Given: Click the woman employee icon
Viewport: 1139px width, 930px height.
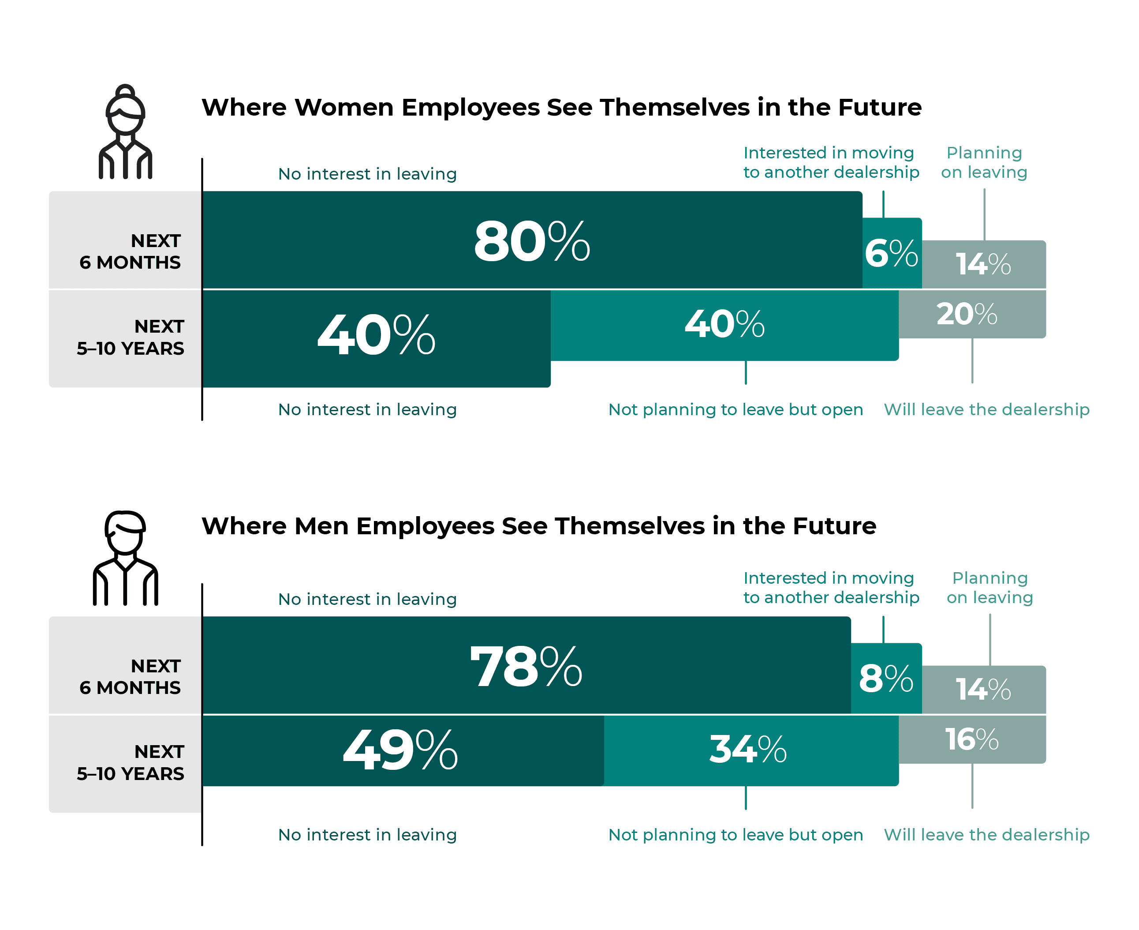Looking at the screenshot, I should (x=125, y=132).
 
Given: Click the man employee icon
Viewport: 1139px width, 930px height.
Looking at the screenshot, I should (x=125, y=558).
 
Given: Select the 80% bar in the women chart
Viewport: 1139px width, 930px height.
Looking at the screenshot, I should (x=532, y=240).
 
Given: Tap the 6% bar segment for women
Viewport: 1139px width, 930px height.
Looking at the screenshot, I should (x=892, y=253).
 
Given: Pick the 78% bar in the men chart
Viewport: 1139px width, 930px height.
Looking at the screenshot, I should (x=526, y=666).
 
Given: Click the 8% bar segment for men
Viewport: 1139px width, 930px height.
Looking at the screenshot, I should (x=886, y=679).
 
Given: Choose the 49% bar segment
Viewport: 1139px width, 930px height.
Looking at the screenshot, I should (x=403, y=750).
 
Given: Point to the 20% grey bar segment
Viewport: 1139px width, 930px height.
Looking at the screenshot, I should (x=971, y=315).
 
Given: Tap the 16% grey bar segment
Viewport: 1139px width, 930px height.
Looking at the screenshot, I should (x=971, y=740).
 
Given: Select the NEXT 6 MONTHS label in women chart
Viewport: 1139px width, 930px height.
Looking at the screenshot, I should (x=130, y=252).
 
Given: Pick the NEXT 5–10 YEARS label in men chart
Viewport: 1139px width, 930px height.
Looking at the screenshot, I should (x=130, y=763).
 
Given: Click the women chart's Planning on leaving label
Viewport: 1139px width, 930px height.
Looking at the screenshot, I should (x=984, y=162).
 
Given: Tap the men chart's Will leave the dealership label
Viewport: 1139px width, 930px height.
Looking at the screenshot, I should (x=986, y=835).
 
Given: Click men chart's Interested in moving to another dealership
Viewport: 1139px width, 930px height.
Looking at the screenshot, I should (x=831, y=588).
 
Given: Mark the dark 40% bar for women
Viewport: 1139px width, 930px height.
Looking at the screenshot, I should (x=377, y=337).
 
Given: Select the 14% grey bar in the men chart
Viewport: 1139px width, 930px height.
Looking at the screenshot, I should (x=983, y=690).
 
